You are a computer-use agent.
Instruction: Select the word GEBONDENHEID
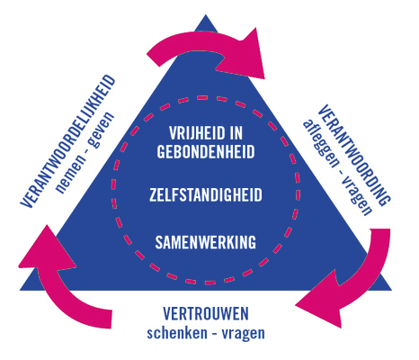pyautogui.click(x=206, y=152)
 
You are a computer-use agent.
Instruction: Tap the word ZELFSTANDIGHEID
pyautogui.click(x=206, y=194)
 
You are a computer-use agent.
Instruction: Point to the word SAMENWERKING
pyautogui.click(x=206, y=242)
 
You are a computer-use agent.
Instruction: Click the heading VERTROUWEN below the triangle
pyautogui.click(x=206, y=313)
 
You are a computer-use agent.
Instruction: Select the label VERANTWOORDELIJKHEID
pyautogui.click(x=67, y=141)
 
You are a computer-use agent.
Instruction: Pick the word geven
pyautogui.click(x=102, y=130)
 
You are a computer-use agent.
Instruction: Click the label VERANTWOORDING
pyautogui.click(x=354, y=156)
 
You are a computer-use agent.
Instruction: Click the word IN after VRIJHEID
pyautogui.click(x=235, y=133)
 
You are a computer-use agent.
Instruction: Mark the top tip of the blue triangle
pyautogui.click(x=206, y=14)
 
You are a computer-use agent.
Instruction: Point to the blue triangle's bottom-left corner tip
pyautogui.click(x=20, y=290)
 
